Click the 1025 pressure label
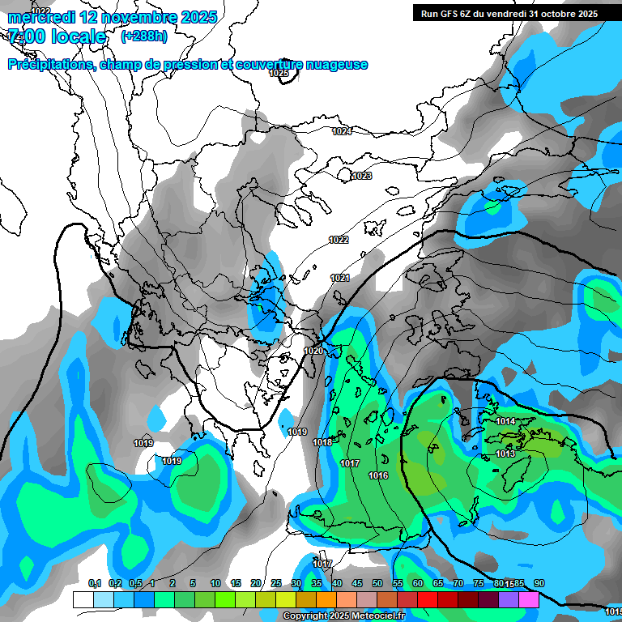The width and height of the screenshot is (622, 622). (279, 73)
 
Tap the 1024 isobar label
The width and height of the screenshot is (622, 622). (342, 131)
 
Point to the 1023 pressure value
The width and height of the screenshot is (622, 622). (362, 176)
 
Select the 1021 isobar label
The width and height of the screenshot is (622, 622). (340, 279)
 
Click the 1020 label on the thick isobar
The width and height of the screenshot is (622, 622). (313, 351)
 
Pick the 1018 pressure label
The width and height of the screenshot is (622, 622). (322, 442)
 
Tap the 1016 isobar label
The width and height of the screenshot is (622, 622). (378, 475)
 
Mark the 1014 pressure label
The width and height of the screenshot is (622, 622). (506, 421)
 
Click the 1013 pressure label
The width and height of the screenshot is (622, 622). (505, 454)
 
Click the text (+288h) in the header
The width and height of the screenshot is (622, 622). (144, 36)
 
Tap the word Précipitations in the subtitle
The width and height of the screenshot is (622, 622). (50, 65)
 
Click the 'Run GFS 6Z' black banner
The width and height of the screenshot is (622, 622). (509, 13)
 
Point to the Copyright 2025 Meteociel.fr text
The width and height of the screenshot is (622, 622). (344, 616)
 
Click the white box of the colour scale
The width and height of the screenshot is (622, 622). (83, 599)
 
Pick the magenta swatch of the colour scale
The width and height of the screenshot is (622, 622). (529, 599)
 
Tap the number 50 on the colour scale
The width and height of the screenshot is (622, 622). (377, 584)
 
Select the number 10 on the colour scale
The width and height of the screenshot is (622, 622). (215, 584)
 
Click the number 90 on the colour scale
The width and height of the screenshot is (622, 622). (539, 584)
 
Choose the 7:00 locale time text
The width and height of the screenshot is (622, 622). (57, 37)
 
